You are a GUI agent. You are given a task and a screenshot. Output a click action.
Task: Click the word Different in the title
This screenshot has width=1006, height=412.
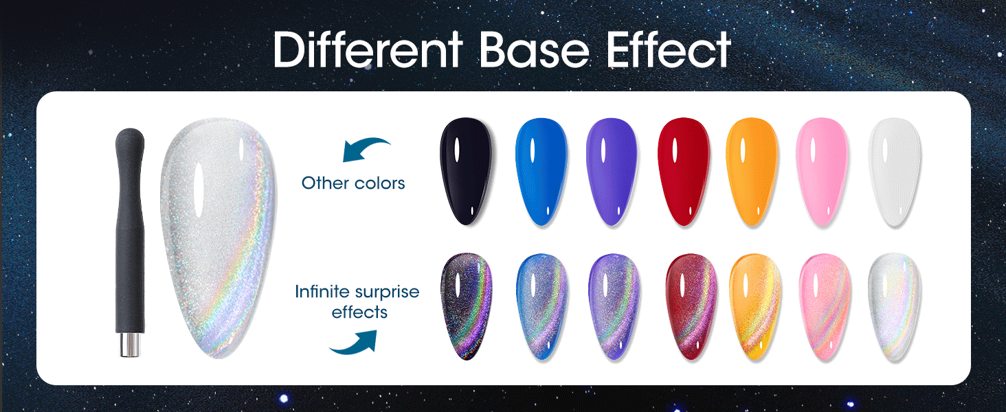pos(369,49)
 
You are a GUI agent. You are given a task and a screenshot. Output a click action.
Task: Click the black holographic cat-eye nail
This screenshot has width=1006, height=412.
pos(467,306)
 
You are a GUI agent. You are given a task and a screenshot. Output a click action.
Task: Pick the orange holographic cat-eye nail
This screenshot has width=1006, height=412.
pos(755,306)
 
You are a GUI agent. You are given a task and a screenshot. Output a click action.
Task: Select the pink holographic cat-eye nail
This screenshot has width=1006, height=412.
pos(825,306)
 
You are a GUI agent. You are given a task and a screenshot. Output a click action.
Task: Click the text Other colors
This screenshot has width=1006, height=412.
pos(353,183)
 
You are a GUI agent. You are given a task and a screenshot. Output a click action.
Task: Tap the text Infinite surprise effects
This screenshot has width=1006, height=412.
pos(357,301)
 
